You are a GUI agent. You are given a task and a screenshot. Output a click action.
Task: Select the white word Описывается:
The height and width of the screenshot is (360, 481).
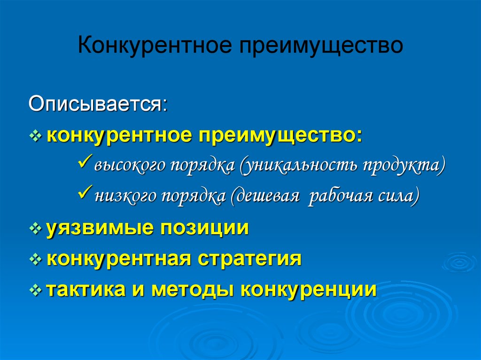(x=98, y=104)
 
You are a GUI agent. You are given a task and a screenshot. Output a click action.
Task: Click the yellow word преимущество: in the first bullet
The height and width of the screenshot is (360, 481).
(x=280, y=136)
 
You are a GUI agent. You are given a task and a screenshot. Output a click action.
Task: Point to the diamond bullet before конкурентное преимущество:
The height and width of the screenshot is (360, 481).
(x=36, y=136)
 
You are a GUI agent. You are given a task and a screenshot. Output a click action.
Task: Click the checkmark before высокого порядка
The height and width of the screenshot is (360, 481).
(x=85, y=161)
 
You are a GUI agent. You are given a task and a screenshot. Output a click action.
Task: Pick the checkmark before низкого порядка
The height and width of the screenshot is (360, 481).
(x=85, y=192)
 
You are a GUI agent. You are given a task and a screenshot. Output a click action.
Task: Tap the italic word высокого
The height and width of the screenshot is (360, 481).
(x=130, y=165)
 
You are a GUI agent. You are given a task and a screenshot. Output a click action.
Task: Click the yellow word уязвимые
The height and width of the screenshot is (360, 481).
(x=100, y=229)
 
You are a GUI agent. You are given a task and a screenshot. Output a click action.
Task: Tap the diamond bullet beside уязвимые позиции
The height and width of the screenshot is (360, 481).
(x=36, y=229)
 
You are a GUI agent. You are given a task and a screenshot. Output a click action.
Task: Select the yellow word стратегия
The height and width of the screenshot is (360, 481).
(x=249, y=259)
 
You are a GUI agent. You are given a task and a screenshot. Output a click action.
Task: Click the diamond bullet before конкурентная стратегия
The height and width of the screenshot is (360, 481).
(x=36, y=260)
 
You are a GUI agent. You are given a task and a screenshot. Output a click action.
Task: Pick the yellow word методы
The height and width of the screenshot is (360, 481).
(x=191, y=290)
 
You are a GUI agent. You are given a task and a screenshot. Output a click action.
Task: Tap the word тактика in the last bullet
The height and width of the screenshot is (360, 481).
(x=85, y=289)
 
